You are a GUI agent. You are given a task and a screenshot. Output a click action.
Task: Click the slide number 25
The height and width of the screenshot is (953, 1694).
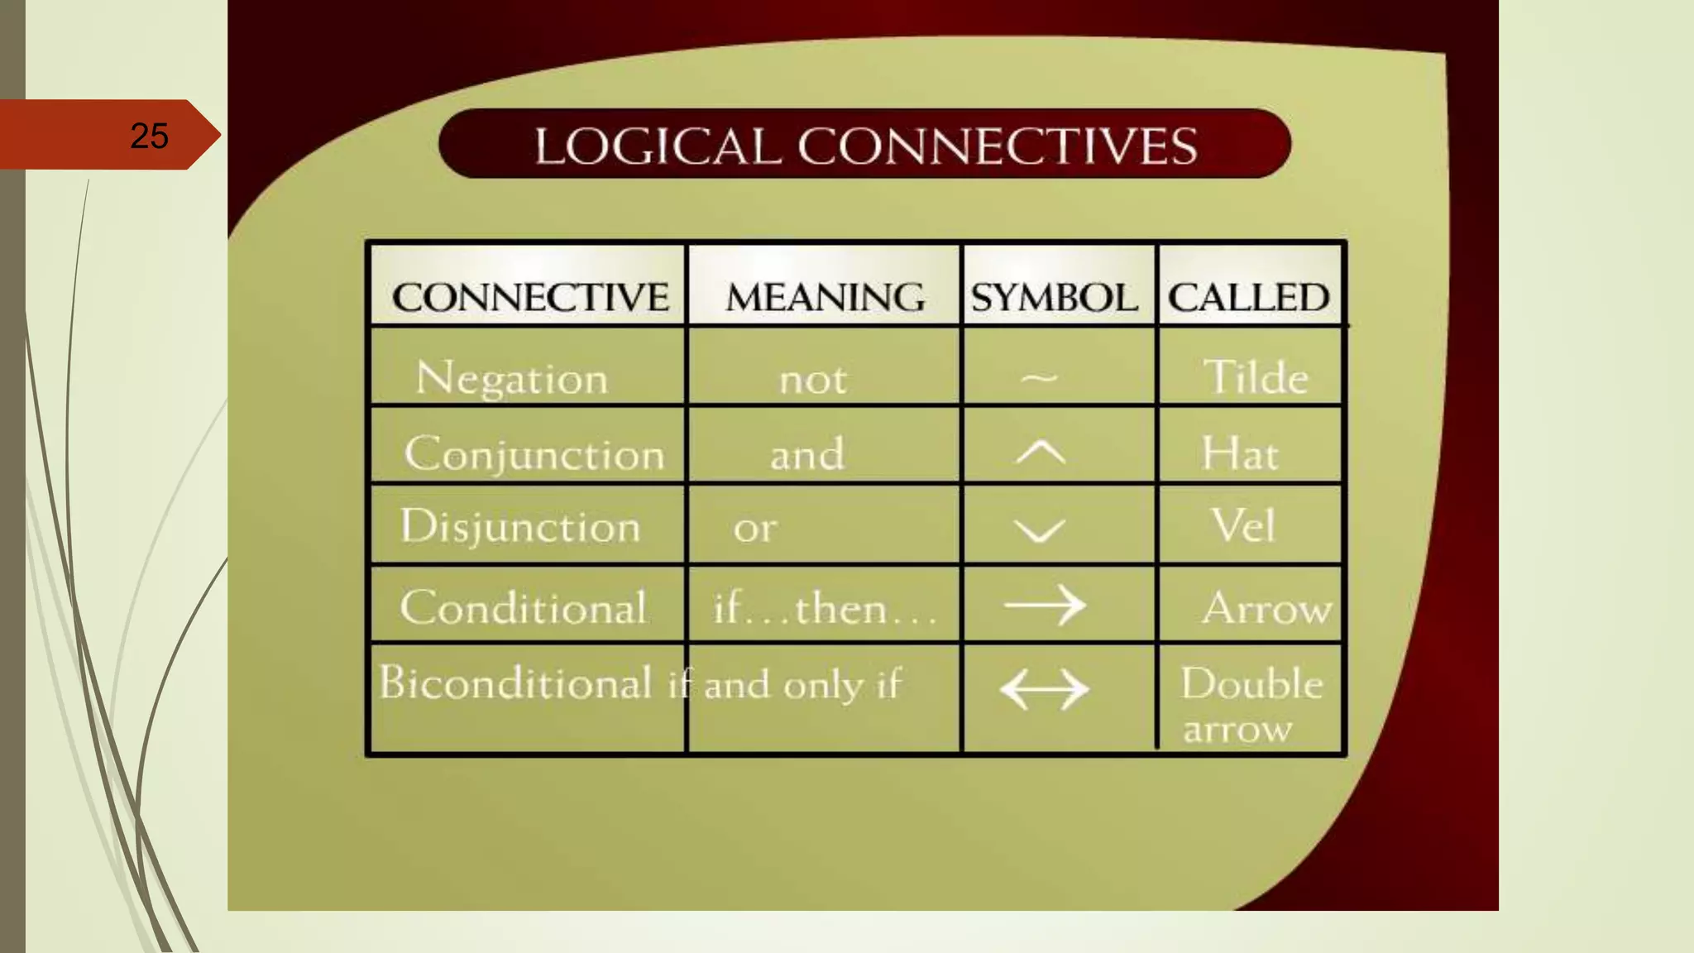tap(150, 136)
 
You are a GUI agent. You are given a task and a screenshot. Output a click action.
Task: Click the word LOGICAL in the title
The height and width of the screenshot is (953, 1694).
tap(657, 146)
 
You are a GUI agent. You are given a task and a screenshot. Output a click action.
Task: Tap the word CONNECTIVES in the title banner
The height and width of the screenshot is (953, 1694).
tap(997, 146)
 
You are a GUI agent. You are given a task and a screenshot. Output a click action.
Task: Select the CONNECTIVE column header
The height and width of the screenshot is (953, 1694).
tap(530, 297)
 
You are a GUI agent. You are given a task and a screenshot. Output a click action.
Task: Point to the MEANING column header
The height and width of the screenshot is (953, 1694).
tap(825, 297)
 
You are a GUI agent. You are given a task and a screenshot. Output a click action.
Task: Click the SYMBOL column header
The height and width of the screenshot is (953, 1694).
tap(1054, 297)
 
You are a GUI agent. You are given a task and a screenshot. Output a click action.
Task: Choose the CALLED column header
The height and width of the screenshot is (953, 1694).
tap(1248, 297)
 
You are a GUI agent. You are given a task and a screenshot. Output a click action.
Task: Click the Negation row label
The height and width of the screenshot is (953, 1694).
tap(512, 379)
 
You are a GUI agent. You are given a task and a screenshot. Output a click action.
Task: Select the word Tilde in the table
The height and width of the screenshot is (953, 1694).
tap(1255, 377)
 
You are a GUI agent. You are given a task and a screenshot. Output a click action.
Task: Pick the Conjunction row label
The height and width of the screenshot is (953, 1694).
tap(534, 454)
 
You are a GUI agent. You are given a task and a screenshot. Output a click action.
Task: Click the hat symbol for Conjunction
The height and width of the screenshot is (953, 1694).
tap(1041, 453)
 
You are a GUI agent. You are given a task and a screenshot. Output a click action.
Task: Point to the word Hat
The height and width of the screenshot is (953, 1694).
tap(1240, 453)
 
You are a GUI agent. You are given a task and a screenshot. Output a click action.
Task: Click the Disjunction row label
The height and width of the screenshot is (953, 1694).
tap(520, 527)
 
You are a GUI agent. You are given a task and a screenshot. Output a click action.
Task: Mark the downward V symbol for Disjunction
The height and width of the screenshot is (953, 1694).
tap(1040, 529)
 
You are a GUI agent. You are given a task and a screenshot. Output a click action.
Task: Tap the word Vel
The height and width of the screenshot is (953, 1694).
tap(1242, 525)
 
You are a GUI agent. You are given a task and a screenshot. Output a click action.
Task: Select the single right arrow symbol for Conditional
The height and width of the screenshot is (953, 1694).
tap(1045, 606)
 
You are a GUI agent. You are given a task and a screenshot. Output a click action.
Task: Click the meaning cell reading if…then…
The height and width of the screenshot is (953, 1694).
tap(824, 609)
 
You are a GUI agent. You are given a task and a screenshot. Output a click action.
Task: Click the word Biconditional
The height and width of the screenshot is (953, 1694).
tap(515, 683)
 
